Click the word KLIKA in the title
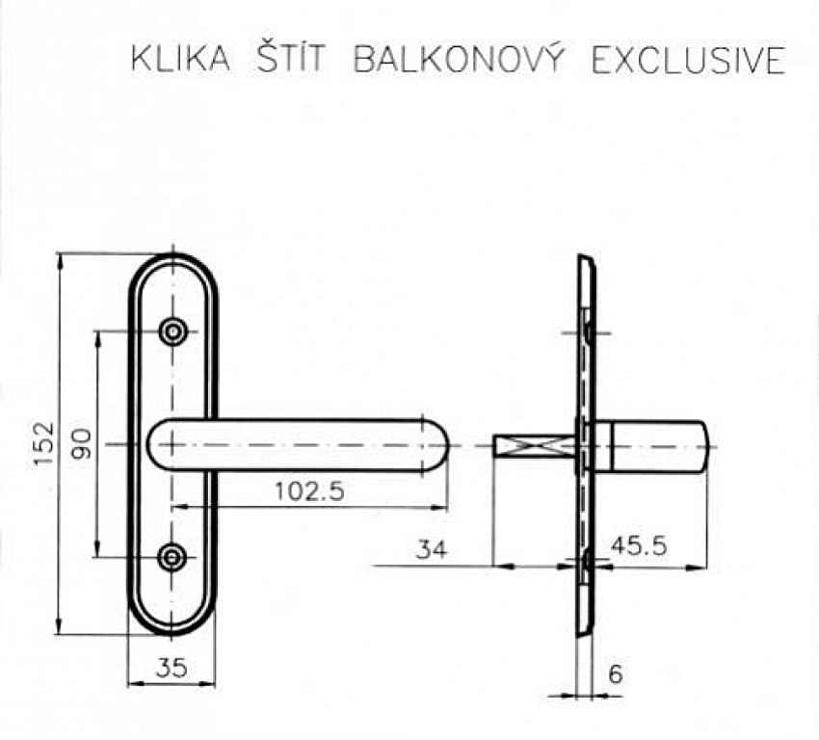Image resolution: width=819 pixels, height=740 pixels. [x=180, y=60]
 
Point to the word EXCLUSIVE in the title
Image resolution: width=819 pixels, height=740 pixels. [x=688, y=60]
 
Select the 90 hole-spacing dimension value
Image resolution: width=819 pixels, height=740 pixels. [x=82, y=444]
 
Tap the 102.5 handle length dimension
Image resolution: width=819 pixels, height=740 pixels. [x=309, y=491]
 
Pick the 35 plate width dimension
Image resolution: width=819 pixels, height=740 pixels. [x=172, y=667]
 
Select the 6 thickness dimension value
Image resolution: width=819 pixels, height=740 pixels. [x=616, y=674]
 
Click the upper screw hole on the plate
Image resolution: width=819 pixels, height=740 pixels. [x=173, y=331]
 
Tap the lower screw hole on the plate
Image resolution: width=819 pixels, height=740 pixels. [x=173, y=556]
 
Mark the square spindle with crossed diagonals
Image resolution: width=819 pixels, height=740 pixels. [x=534, y=446]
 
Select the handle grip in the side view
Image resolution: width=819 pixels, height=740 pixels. [x=655, y=446]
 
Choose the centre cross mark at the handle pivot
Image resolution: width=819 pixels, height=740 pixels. [x=172, y=444]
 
